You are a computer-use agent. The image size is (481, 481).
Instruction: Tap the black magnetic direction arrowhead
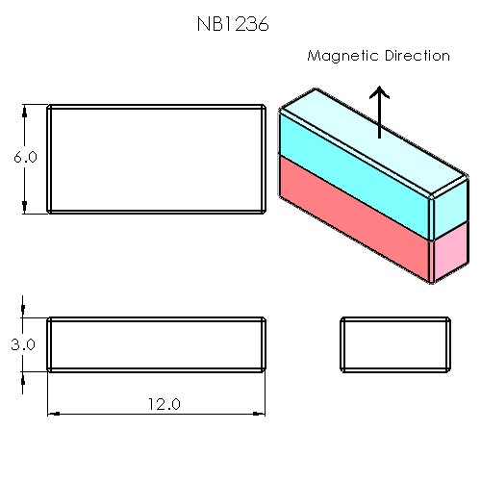381,94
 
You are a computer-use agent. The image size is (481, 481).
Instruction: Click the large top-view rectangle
157,159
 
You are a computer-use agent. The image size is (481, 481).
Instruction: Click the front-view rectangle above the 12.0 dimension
157,343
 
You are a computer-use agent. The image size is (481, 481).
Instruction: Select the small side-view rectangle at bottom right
395,343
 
